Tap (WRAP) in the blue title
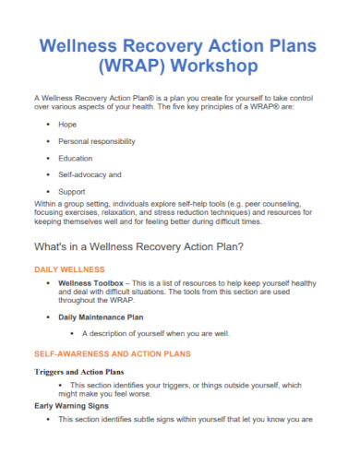tap(132, 66)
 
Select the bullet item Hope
tap(67, 122)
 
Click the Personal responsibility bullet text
tap(96, 141)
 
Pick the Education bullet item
tap(76, 158)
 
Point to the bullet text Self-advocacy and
tap(90, 174)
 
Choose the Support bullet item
tap(72, 191)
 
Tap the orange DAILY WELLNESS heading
tap(70, 269)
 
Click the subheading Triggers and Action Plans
tap(78, 372)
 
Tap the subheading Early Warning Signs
tap(72, 405)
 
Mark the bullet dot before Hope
tap(47, 123)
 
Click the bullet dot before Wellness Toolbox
tap(47, 283)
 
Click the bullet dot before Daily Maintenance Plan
tap(47, 317)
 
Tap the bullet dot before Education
tap(47, 158)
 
